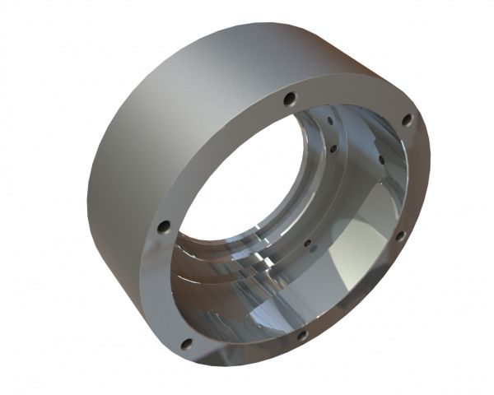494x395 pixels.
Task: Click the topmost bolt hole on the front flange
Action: [x=289, y=100]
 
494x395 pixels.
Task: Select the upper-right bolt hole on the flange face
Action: [x=406, y=121]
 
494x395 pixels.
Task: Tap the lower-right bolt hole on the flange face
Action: [x=401, y=235]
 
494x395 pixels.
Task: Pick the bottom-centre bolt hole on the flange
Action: [x=301, y=336]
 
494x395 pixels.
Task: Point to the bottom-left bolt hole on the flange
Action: [x=186, y=343]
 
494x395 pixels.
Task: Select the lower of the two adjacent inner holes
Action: [x=333, y=149]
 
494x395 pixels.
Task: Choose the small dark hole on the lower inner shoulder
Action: [x=307, y=244]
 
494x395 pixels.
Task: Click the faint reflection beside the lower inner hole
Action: [x=319, y=246]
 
